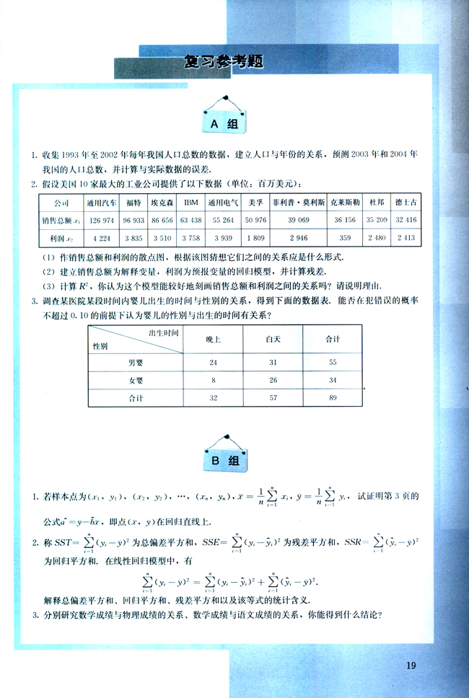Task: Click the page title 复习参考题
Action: [223, 62]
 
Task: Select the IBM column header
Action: [190, 203]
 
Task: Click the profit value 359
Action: [344, 237]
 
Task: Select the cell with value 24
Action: [213, 362]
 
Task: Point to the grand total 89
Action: [333, 397]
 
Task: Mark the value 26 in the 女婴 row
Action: [273, 379]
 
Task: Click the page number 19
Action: [411, 665]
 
